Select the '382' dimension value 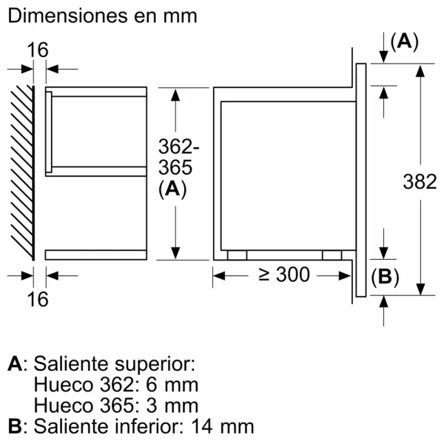pyautogui.click(x=421, y=181)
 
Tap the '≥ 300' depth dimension pyautogui.click(x=282, y=275)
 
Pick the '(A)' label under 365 pyautogui.click(x=172, y=189)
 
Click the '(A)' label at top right pyautogui.click(x=403, y=42)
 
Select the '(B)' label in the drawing pyautogui.click(x=384, y=277)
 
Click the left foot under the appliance pyautogui.click(x=237, y=255)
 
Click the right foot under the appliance pyautogui.click(x=332, y=255)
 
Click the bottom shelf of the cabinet pyautogui.click(x=96, y=255)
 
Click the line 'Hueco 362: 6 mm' pyautogui.click(x=116, y=385)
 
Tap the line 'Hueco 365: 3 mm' pyautogui.click(x=116, y=406)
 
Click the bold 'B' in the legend pyautogui.click(x=14, y=426)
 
